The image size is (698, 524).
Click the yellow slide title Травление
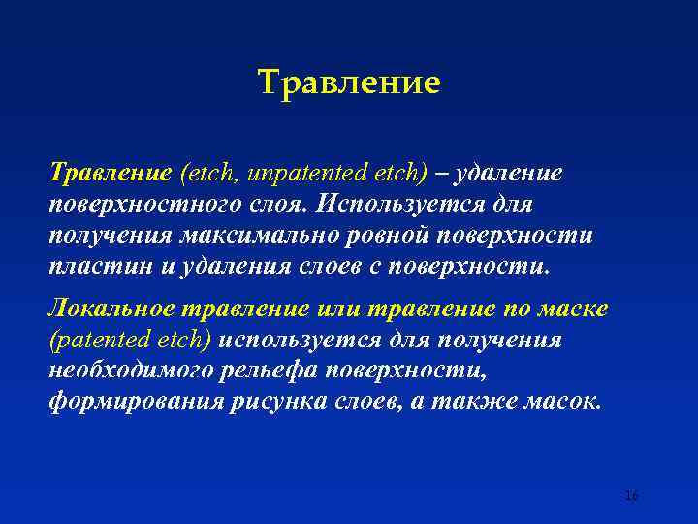click(349, 82)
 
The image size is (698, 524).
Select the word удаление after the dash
click(507, 174)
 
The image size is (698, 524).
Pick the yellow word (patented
click(93, 341)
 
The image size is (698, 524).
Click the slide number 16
click(631, 496)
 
